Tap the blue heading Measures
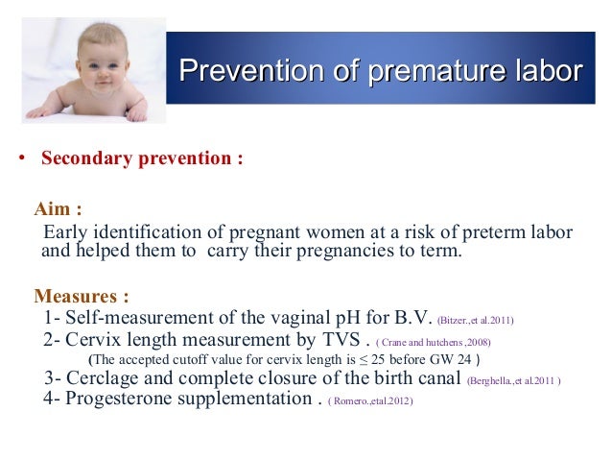pos(81,296)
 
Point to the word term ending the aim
pos(439,253)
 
